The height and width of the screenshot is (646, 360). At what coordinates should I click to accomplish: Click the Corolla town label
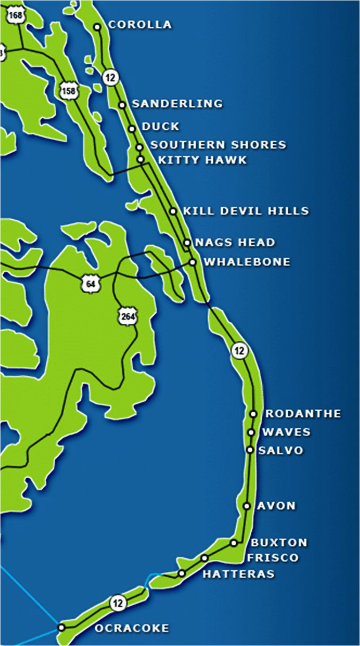coord(140,25)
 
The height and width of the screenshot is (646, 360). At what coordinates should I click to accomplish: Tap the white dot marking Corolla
coord(97,27)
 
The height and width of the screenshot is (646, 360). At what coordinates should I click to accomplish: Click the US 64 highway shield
coord(88,283)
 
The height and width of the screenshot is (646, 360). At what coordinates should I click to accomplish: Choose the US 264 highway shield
coord(127,317)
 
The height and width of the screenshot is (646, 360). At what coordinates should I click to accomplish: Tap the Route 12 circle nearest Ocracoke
coord(118,603)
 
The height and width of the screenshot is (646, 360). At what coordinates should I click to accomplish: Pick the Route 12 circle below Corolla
coord(111,77)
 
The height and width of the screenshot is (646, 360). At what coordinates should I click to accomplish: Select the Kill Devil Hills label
coord(246,211)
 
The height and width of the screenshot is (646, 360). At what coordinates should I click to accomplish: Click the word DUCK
coord(160,126)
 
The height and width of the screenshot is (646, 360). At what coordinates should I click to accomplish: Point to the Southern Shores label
coord(218,145)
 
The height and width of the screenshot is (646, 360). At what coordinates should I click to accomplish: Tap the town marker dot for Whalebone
coord(192,262)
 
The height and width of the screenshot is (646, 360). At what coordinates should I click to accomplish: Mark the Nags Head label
coord(235,242)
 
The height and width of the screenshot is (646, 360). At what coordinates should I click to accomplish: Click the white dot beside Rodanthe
coord(254,414)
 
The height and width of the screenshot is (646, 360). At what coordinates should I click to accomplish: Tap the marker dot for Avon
coord(247,506)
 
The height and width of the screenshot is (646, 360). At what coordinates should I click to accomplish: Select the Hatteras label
coord(239,574)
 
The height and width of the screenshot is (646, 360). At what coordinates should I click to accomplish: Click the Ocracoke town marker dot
coord(61,627)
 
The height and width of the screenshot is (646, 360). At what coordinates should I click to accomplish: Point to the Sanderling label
coord(177,104)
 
